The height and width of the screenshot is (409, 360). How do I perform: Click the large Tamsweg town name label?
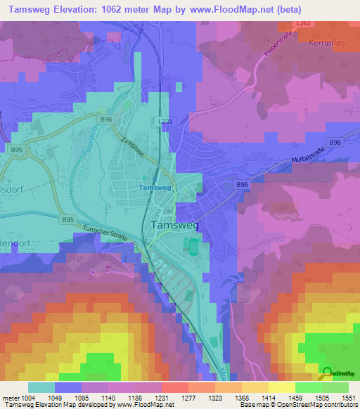(x=175, y=225)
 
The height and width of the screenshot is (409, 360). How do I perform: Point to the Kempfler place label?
(x=325, y=42)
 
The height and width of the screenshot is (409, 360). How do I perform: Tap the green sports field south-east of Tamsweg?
(x=192, y=245)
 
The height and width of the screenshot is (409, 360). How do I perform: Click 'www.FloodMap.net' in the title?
(x=229, y=10)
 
